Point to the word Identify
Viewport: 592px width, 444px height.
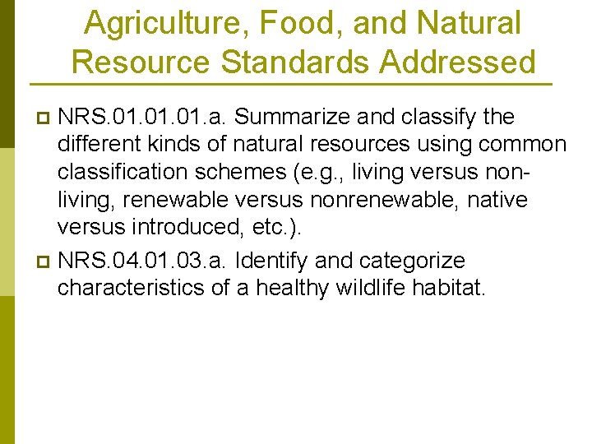pos(272,261)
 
